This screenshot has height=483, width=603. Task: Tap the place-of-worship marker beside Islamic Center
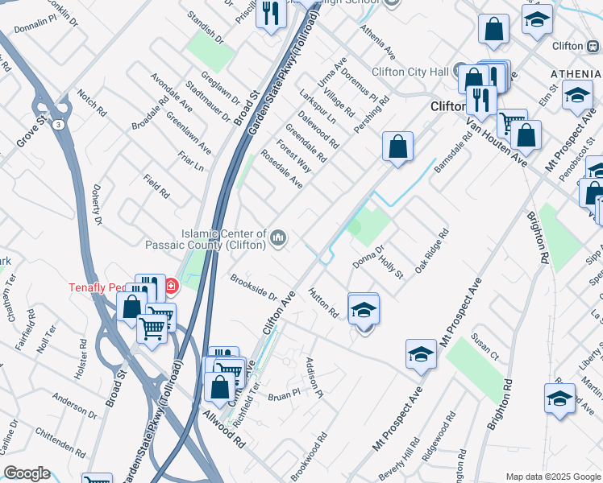279,237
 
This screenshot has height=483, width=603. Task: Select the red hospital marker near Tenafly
171,286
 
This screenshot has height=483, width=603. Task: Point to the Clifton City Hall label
410,72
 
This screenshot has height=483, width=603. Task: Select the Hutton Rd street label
322,302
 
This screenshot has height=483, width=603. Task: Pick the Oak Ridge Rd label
431,251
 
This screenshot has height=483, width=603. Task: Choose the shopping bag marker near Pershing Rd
397,147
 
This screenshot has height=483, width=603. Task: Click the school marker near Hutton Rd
364,310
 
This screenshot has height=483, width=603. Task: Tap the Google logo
27,473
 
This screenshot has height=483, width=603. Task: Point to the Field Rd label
156,187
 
